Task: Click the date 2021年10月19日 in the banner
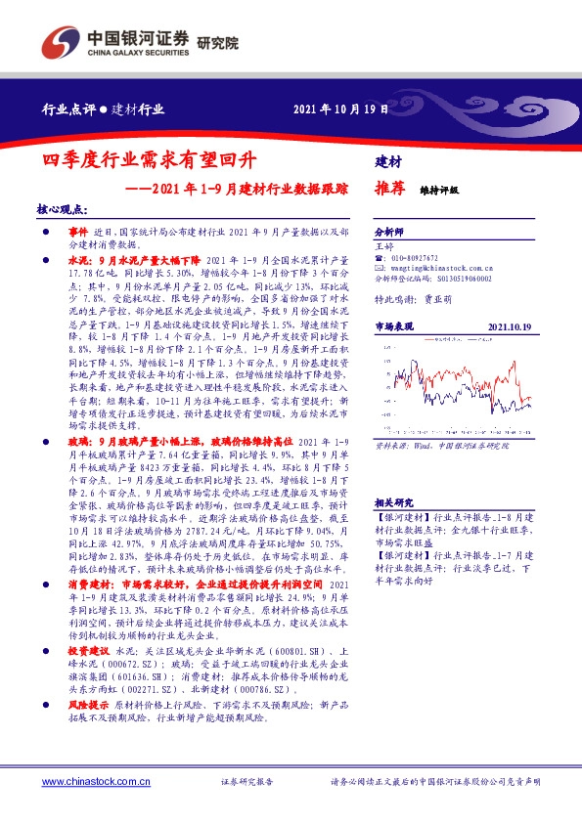[341, 109]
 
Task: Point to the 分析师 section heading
[389, 233]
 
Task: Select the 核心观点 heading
[63, 209]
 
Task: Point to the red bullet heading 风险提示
[88, 730]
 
